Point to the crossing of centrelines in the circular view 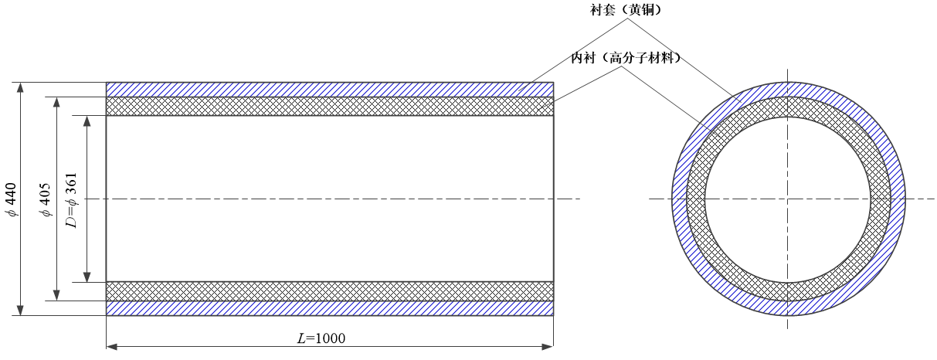click(788, 199)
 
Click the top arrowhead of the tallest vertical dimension click(20, 87)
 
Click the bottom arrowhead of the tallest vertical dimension click(20, 311)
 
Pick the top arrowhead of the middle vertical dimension click(56, 102)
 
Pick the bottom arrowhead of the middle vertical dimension click(56, 296)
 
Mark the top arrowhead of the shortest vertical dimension click(87, 121)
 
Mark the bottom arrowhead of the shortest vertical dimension click(87, 277)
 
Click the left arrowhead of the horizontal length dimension click(111, 346)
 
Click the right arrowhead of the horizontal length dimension click(548, 346)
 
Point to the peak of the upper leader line click(627, 19)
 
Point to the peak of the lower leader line click(621, 66)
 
